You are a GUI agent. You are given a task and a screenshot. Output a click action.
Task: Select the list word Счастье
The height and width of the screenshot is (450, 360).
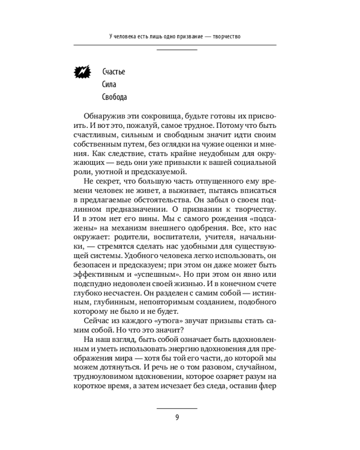113,72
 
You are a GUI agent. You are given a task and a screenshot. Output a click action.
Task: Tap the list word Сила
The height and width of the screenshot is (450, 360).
110,84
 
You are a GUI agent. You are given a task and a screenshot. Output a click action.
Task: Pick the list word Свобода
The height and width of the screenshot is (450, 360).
115,97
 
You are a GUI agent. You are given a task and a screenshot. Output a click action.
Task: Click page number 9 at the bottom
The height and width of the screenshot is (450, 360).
177,417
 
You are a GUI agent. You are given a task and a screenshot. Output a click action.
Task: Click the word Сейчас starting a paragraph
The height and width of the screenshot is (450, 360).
96,321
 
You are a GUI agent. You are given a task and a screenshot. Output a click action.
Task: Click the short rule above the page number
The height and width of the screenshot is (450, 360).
177,408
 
